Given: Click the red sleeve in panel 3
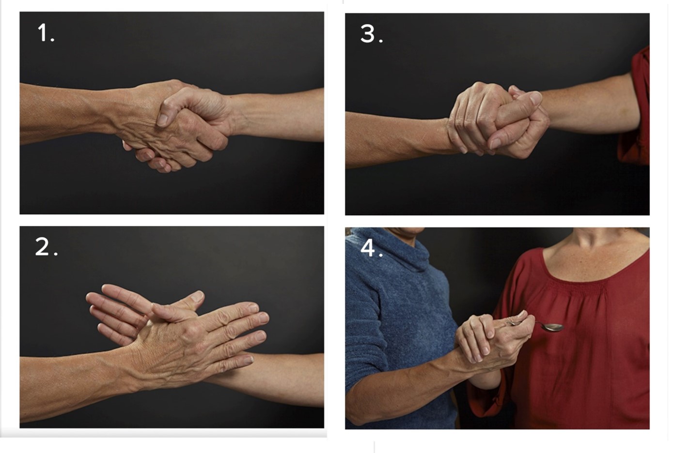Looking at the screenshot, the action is pos(635,105).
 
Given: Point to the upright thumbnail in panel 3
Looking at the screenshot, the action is pos(535,97).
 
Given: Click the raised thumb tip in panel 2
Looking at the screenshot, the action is pos(197,296).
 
